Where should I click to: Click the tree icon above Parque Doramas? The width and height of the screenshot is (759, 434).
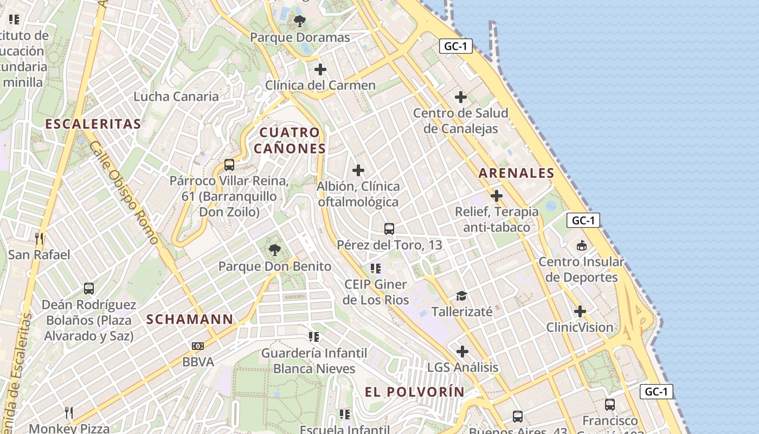pos(299,22)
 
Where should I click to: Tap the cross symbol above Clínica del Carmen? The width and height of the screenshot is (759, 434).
pos(320,69)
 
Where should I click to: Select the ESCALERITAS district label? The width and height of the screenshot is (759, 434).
pos(93,124)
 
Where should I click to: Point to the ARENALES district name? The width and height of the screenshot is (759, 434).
pos(516,174)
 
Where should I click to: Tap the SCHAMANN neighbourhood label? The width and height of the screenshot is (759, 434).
pos(190,320)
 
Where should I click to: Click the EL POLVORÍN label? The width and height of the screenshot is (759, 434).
pos(414,392)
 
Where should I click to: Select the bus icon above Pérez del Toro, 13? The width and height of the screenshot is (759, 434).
pos(389,229)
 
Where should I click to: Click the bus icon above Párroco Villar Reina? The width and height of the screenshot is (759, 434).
pos(229,165)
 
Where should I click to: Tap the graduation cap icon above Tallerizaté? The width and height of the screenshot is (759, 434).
pos(461,296)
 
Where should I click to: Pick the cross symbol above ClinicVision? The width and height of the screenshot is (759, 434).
pos(580,311)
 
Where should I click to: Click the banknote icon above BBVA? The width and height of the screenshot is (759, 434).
pos(198,346)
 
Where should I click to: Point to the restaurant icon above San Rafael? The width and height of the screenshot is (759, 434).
pos(38,238)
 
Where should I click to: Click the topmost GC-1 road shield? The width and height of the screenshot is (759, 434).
pos(455,47)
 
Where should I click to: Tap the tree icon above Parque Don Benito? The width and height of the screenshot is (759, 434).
pos(275,250)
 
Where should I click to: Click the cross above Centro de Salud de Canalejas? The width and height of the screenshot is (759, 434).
pos(461,97)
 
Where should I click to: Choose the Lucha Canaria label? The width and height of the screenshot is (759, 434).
pos(176,97)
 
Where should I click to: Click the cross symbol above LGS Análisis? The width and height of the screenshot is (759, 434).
pos(462,352)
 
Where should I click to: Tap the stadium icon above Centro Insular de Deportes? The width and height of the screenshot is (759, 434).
pos(582,246)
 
